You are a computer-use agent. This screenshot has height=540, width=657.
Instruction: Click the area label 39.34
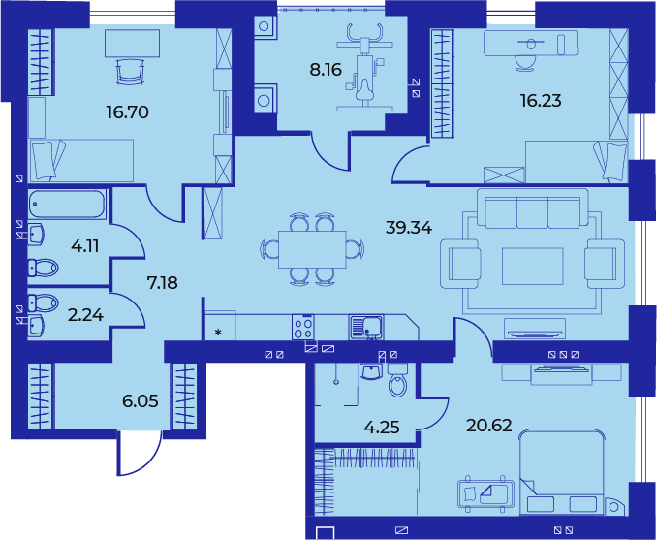click(409, 229)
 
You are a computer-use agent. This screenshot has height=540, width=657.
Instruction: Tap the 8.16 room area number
click(326, 70)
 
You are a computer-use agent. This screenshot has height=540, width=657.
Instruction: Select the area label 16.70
click(127, 112)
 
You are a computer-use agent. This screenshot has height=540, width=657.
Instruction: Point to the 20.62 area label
click(489, 426)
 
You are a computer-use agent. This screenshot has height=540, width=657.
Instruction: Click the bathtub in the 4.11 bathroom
click(67, 204)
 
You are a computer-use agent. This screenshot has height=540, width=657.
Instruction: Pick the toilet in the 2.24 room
click(44, 302)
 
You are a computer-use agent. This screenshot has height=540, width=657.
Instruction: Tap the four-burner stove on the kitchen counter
click(303, 327)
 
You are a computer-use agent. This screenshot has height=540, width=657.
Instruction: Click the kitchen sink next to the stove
click(365, 327)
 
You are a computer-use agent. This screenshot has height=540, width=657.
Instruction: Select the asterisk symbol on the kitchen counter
click(218, 333)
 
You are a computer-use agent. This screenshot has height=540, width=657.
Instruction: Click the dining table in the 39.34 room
click(312, 249)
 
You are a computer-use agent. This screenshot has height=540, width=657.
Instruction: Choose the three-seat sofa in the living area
click(532, 208)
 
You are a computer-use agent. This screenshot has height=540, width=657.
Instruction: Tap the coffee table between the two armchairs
click(533, 267)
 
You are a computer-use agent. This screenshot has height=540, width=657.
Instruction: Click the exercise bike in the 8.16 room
click(364, 67)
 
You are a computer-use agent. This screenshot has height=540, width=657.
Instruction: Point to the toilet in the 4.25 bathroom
click(397, 379)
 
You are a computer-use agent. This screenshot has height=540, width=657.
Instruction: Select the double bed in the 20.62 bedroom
click(561, 473)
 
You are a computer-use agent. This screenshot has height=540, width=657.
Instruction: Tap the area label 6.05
click(141, 401)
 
